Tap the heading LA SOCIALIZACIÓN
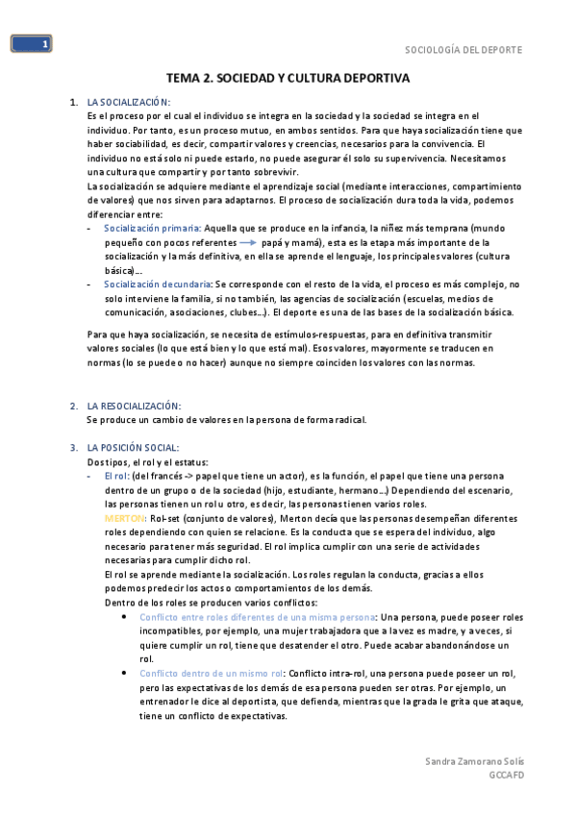128,102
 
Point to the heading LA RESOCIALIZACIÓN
134,407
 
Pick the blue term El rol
116,476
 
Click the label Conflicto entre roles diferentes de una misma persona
259,616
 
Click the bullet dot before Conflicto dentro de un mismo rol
126,673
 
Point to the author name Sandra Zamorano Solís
475,761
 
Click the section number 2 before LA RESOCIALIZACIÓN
74,407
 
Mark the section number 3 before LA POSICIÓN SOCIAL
74,448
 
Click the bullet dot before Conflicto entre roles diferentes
126,616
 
